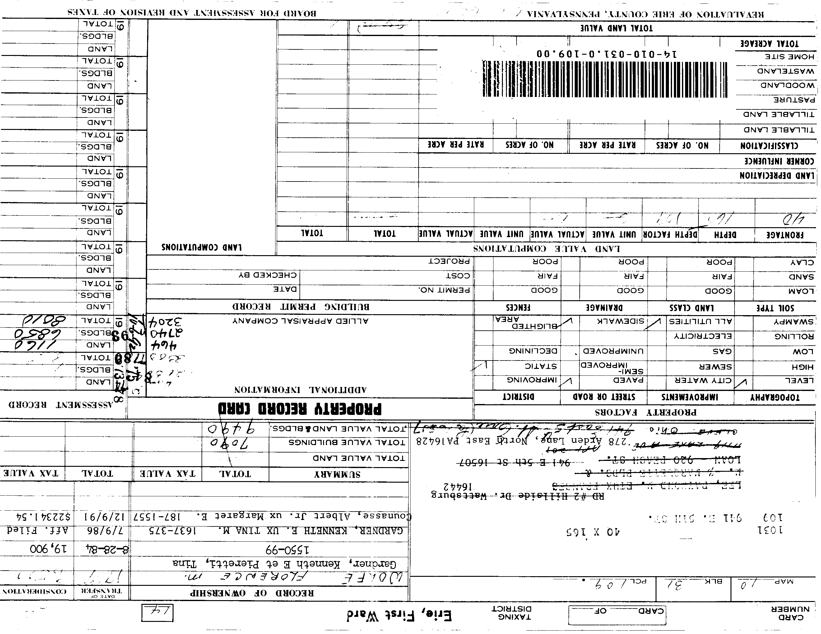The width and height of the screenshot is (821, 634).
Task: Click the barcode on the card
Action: tap(605, 79)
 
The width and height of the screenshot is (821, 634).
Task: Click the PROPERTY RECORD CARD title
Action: tap(300, 409)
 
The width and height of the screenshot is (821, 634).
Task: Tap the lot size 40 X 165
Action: tap(593, 532)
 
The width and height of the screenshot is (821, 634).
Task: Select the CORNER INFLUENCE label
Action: tap(779, 161)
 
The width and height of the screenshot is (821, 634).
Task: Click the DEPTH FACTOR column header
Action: tap(670, 235)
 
